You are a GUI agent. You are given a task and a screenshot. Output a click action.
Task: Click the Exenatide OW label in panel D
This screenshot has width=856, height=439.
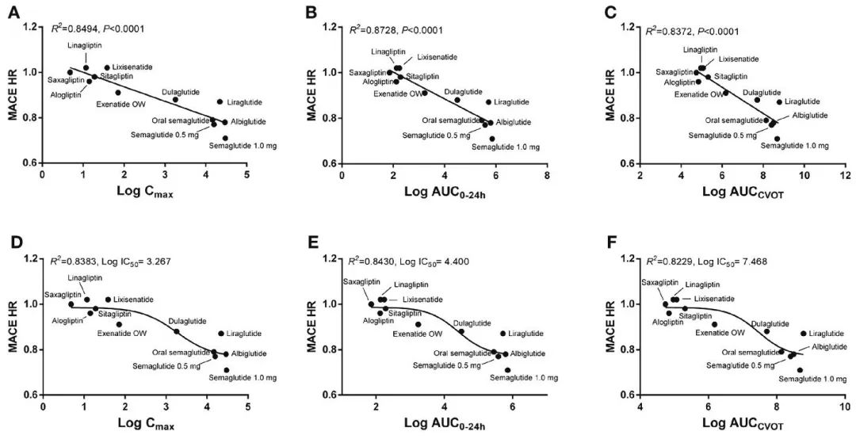121,334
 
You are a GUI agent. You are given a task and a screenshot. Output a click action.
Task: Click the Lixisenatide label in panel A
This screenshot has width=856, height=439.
132,67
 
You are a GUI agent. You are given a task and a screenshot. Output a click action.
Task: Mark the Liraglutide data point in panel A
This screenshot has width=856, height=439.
220,101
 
